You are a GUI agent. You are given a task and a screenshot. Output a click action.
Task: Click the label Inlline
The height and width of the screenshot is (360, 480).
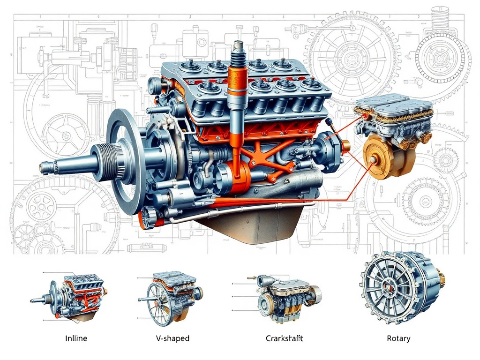coord(75,338)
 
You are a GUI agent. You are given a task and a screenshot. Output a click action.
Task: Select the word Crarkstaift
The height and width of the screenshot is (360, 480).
coord(285,338)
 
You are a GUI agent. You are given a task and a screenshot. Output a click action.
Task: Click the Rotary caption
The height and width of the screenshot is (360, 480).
coord(398,338)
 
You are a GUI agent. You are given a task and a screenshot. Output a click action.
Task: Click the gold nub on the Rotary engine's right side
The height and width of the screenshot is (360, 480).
coord(442,280)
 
